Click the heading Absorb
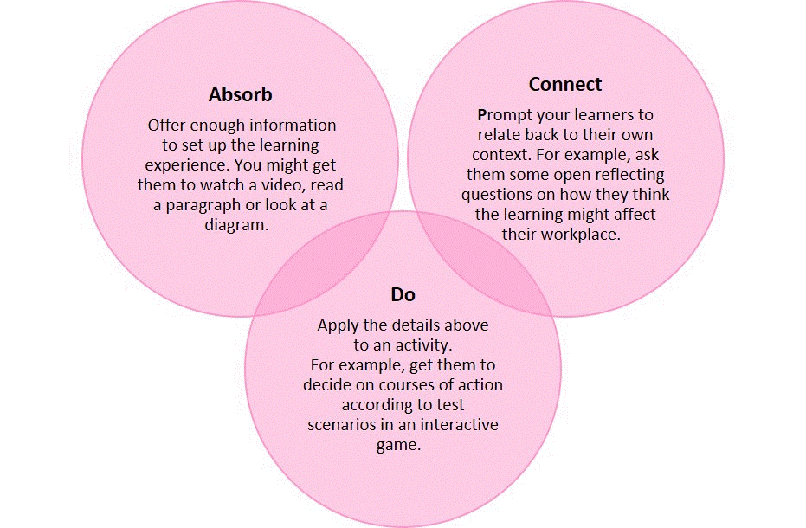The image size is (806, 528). click(240, 94)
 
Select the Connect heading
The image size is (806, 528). click(565, 84)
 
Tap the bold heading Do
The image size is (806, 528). click(403, 294)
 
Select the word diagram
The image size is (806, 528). click(236, 226)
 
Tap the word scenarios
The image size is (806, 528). click(341, 425)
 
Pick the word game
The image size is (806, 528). click(398, 445)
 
